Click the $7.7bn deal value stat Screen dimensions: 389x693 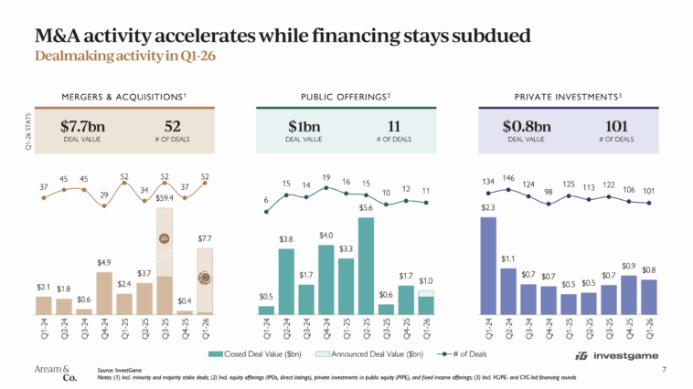point(82,126)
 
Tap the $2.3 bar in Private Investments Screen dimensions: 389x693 point(488,266)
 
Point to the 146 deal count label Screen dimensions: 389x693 point(511,179)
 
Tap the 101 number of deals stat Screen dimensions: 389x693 point(619,126)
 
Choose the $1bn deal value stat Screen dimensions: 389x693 point(304,126)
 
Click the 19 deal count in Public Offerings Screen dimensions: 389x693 point(325,178)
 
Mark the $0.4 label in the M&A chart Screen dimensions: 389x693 point(185,300)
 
